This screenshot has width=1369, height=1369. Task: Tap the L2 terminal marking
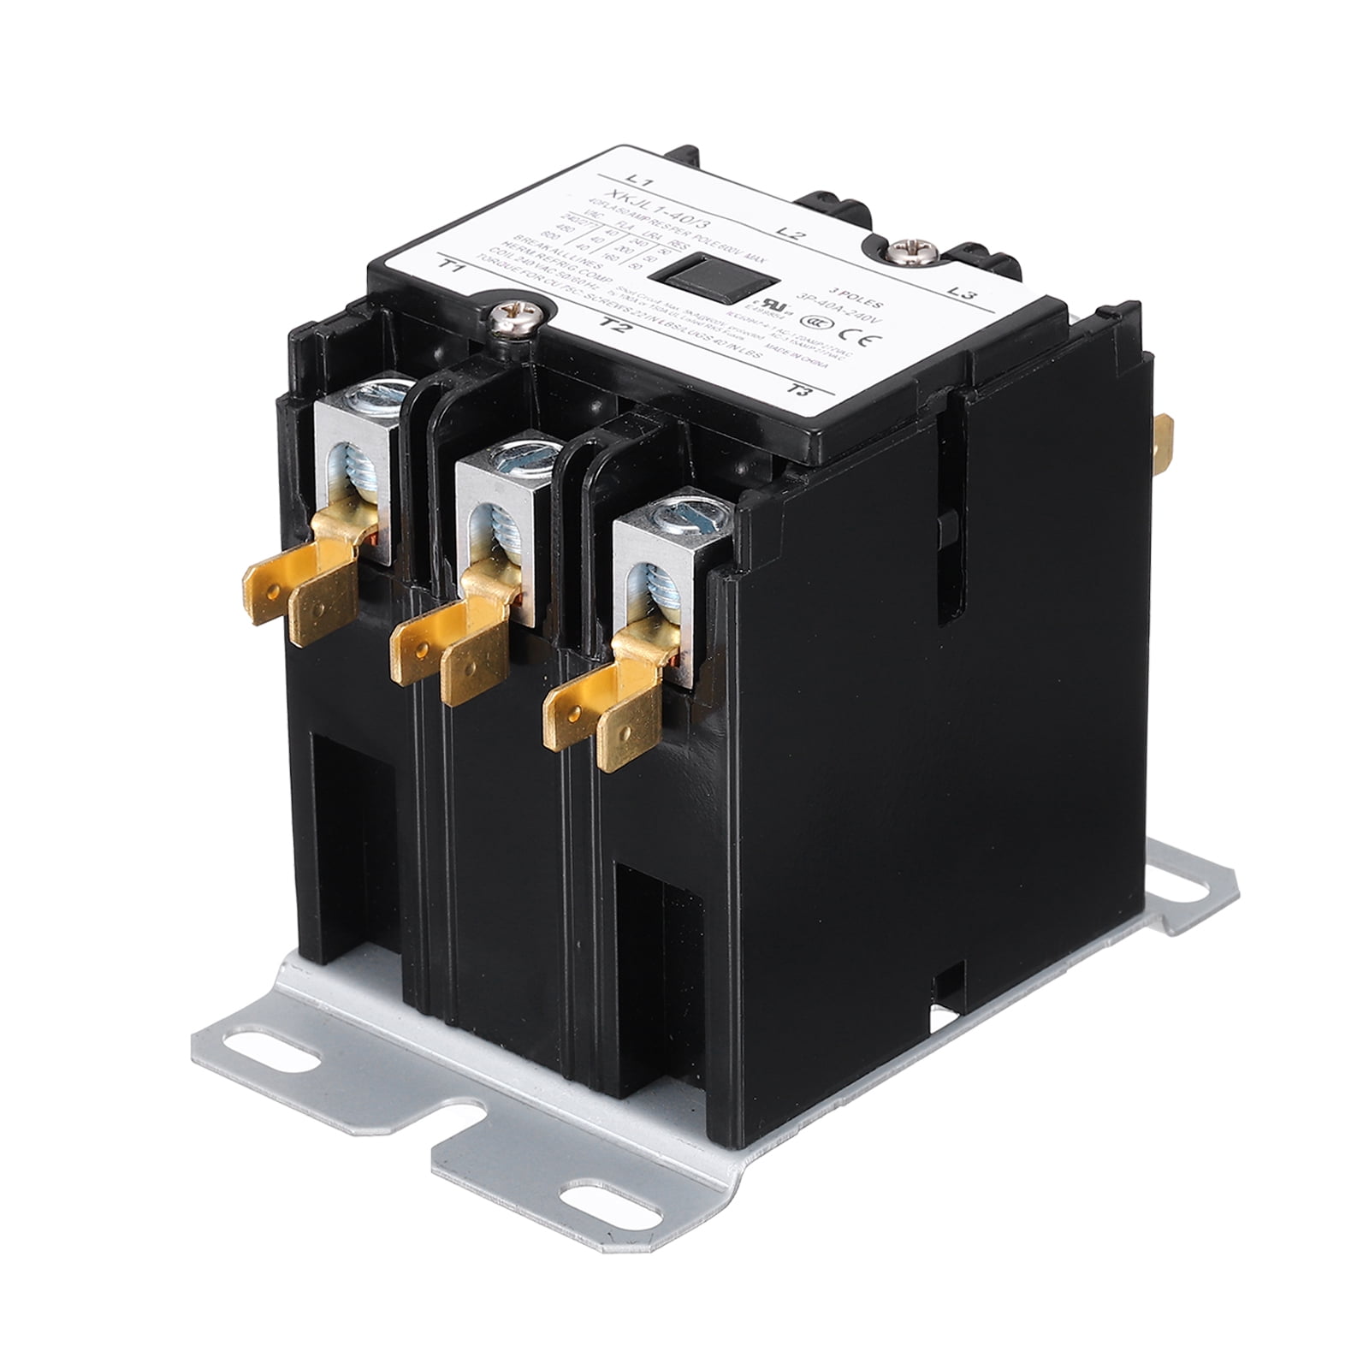pyautogui.click(x=788, y=233)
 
